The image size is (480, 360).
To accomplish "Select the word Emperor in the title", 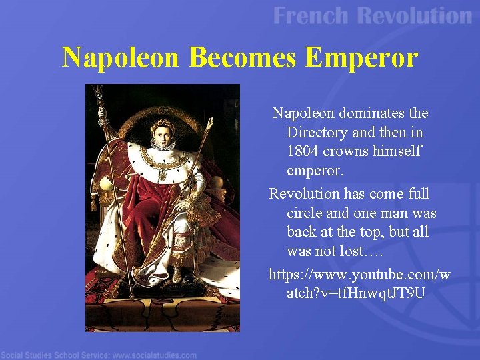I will click(x=361, y=58).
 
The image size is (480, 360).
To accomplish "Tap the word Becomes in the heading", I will click(x=243, y=58).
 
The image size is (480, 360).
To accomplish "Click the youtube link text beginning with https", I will click(x=359, y=274).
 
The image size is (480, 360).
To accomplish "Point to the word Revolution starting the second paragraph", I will click(x=303, y=194).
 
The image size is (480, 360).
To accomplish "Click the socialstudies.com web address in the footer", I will click(x=154, y=355).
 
